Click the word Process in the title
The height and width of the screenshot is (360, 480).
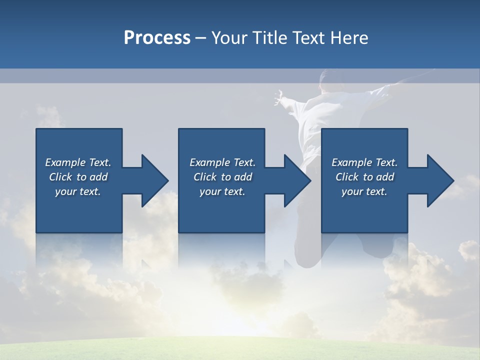[157, 38]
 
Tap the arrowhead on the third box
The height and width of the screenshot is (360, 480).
[439, 180]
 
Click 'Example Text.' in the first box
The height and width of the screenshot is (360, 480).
[78, 162]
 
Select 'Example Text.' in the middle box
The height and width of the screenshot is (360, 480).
[222, 162]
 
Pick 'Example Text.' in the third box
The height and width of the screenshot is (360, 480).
[364, 162]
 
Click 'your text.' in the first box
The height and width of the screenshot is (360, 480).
[78, 191]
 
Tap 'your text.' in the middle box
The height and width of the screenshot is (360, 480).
[222, 191]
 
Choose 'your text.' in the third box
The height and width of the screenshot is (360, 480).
[364, 191]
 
